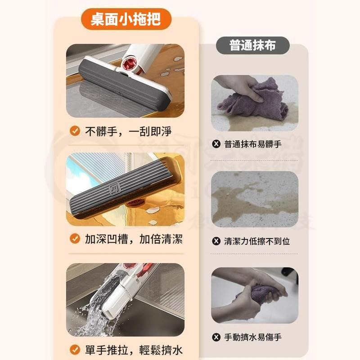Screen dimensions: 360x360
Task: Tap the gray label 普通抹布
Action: [252, 45]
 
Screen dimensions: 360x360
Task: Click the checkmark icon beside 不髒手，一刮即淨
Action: [75, 131]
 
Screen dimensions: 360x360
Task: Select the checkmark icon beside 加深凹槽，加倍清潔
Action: [75, 238]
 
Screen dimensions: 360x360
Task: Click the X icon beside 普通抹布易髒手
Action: [216, 144]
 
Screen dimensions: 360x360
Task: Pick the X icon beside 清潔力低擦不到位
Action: [216, 241]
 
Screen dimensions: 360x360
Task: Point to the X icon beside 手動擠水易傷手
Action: [216, 337]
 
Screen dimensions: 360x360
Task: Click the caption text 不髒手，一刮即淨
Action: [128, 131]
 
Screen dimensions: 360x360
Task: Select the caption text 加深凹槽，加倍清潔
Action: [134, 238]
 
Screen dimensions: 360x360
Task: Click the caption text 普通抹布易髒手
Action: [253, 144]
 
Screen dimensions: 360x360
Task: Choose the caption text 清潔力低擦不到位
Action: [257, 241]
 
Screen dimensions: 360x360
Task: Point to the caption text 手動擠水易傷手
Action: [253, 337]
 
